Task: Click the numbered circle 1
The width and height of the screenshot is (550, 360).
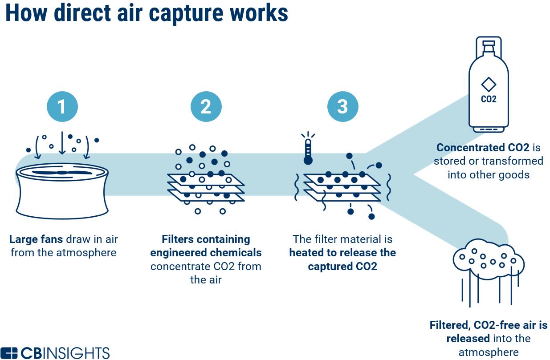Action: pyautogui.click(x=62, y=106)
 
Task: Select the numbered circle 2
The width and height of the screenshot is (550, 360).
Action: pyautogui.click(x=206, y=106)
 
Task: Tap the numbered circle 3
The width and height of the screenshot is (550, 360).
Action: pyautogui.click(x=343, y=106)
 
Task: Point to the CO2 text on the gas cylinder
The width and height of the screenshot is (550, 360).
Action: pyautogui.click(x=489, y=99)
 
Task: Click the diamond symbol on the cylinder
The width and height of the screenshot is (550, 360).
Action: pyautogui.click(x=489, y=85)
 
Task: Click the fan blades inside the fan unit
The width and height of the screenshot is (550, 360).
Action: pyautogui.click(x=62, y=173)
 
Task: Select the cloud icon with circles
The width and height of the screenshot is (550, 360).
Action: pyautogui.click(x=489, y=260)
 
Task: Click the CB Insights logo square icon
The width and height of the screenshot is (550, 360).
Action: pyautogui.click(x=9, y=353)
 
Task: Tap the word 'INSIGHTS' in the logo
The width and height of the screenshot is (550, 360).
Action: pyautogui.click(x=78, y=353)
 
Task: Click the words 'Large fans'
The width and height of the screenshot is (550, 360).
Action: pyautogui.click(x=36, y=239)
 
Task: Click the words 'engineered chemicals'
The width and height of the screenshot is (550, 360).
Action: pyautogui.click(x=206, y=253)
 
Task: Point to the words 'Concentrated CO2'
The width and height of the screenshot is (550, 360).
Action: pyautogui.click(x=483, y=147)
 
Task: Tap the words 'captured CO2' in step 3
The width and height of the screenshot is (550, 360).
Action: pyautogui.click(x=342, y=267)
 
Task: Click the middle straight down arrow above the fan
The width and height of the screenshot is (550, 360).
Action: pyautogui.click(x=62, y=143)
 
